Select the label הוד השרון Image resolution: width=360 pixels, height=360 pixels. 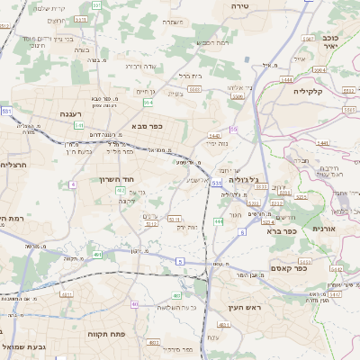tap(116, 179)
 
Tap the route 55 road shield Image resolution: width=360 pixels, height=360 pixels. tap(234, 130)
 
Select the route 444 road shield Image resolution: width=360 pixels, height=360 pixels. tap(219, 220)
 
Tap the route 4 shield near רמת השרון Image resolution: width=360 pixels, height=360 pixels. tap(72, 184)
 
